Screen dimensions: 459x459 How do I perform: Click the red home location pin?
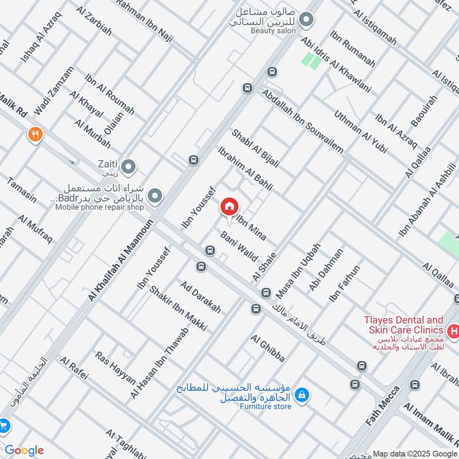click(x=229, y=207)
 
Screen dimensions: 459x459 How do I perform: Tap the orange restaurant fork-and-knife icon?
click(x=35, y=135)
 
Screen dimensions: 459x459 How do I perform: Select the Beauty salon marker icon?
click(x=306, y=21)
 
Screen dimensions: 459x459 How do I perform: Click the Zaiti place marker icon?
click(x=130, y=167)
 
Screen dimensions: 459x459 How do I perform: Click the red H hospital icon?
click(x=453, y=330)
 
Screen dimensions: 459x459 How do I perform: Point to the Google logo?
click(x=24, y=450)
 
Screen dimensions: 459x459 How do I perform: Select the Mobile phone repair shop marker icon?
click(x=154, y=197)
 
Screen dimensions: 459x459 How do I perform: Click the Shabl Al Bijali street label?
click(x=255, y=148)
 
